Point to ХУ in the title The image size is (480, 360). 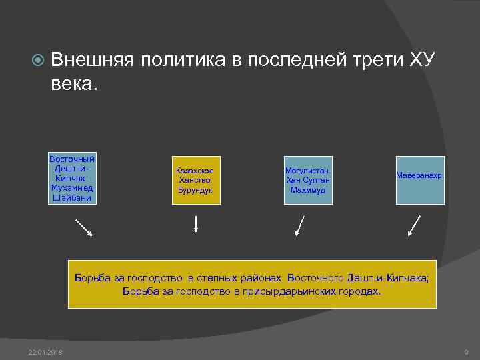click(421, 61)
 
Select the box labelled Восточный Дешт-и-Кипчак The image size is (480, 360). click(72, 179)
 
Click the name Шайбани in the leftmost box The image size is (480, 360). click(72, 198)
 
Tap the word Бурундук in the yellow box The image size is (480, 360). click(195, 190)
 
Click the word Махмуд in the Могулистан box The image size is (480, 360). click(308, 190)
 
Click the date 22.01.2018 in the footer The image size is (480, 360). click(45, 352)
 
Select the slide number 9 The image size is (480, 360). click(465, 352)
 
